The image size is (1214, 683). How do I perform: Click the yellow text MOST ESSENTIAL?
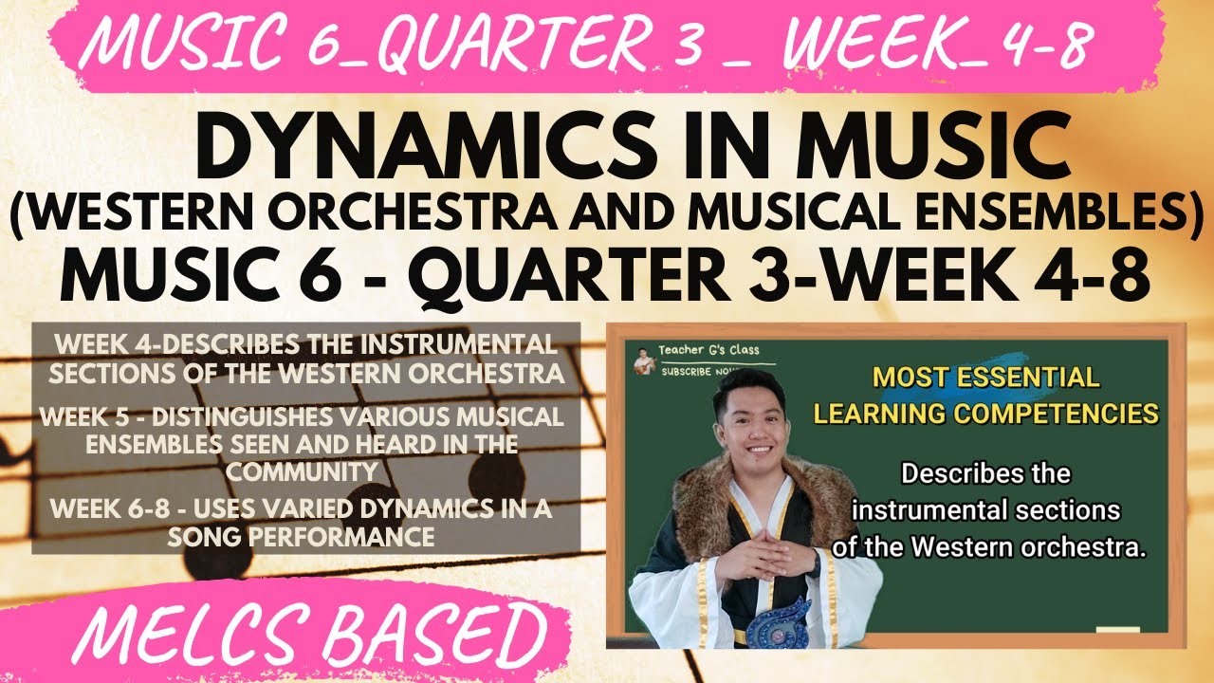986,378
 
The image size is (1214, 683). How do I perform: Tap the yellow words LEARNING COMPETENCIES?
986,414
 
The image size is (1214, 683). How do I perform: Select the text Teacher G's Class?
708,350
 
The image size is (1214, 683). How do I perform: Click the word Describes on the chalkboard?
985,473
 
